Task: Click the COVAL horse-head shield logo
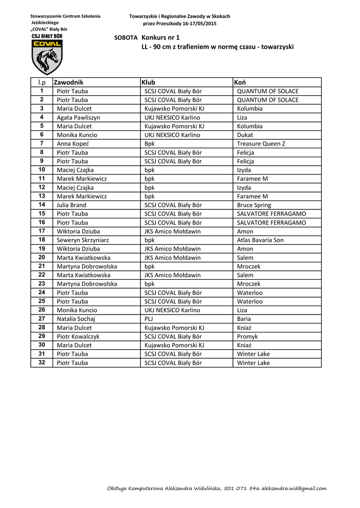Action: [47, 58]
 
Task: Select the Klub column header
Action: [148, 82]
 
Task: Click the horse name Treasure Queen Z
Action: [261, 144]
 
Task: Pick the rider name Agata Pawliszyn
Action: [78, 118]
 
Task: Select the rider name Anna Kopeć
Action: [73, 144]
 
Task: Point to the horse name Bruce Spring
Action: [254, 205]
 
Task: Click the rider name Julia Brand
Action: [72, 205]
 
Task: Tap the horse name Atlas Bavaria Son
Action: [260, 240]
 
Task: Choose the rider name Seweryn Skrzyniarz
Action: [83, 240]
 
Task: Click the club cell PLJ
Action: [149, 319]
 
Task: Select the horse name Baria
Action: [244, 319]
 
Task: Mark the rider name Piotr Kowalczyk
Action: [78, 336]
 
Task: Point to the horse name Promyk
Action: [247, 336]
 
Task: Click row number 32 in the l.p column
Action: [42, 363]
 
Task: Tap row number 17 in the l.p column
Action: [42, 231]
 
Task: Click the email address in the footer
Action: [294, 488]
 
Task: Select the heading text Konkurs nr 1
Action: [160, 38]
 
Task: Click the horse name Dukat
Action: [245, 135]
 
